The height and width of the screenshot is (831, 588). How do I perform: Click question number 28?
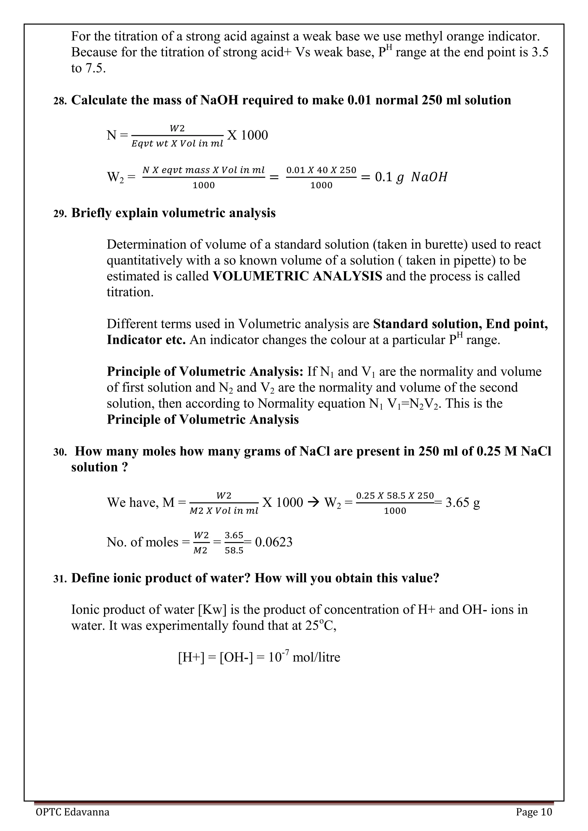(60, 101)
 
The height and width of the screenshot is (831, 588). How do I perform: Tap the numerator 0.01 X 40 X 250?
(321, 170)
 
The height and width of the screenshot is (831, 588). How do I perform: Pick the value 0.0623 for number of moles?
(273, 542)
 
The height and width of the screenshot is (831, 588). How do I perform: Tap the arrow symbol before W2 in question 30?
(313, 502)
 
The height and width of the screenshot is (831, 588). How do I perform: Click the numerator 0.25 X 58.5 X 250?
(395, 496)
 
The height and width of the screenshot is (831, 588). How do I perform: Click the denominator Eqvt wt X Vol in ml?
(177, 144)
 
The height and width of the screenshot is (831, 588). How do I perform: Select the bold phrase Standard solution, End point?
(460, 324)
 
